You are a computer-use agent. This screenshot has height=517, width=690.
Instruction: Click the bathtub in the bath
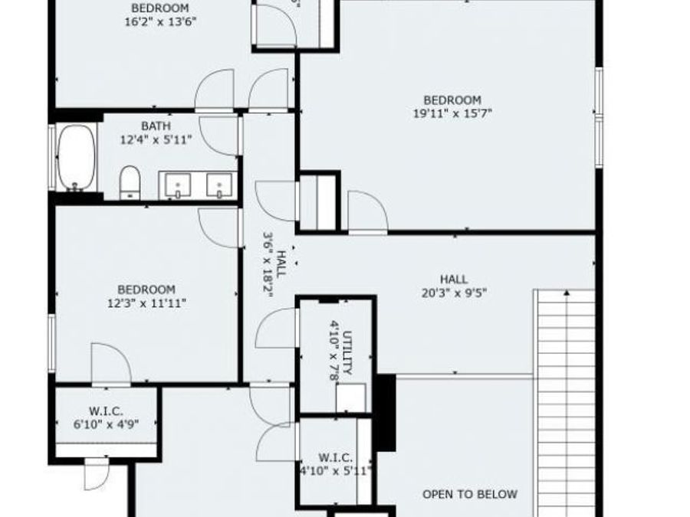pyautogui.click(x=75, y=157)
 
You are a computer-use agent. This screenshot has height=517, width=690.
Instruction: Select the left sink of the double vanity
pyautogui.click(x=178, y=185)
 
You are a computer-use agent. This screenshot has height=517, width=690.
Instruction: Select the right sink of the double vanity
pyautogui.click(x=220, y=185)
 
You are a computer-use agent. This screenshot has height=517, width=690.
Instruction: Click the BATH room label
pyautogui.click(x=156, y=126)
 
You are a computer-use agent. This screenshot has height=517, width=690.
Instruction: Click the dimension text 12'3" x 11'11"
pyautogui.click(x=146, y=303)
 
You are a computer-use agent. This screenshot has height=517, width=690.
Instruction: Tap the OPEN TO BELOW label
pyautogui.click(x=470, y=494)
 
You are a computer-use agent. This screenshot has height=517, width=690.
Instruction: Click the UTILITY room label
pyautogui.click(x=347, y=353)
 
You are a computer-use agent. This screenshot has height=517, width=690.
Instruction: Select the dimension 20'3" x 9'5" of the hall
pyautogui.click(x=453, y=293)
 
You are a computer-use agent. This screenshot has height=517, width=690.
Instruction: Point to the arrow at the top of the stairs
pyautogui.click(x=567, y=293)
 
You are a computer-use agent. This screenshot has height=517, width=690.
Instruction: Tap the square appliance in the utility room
pyautogui.click(x=351, y=398)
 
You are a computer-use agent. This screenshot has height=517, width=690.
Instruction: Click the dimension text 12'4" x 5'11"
pyautogui.click(x=156, y=139)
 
